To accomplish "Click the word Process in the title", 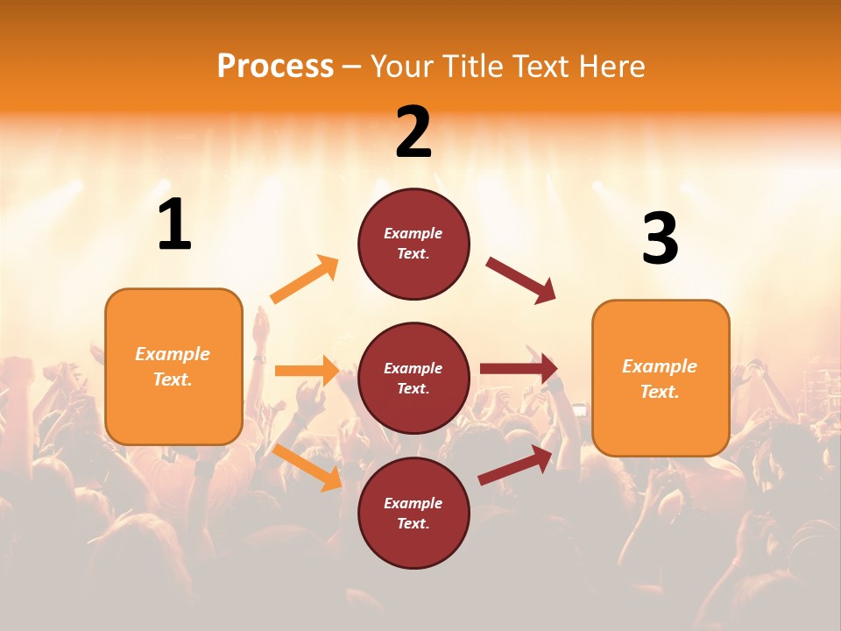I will pyautogui.click(x=275, y=66).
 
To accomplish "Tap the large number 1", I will pyautogui.click(x=174, y=224).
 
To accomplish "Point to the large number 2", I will pyautogui.click(x=413, y=131).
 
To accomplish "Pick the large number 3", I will pyautogui.click(x=660, y=238).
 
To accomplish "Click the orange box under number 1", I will pyautogui.click(x=173, y=366).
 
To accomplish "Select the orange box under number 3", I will pyautogui.click(x=661, y=379).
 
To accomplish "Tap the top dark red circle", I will pyautogui.click(x=413, y=244).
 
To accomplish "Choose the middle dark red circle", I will pyautogui.click(x=413, y=378).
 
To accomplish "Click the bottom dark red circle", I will pyautogui.click(x=413, y=513).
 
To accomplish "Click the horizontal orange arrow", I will pyautogui.click(x=307, y=371).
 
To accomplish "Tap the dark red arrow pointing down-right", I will pyautogui.click(x=521, y=280).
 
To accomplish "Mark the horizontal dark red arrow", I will pyautogui.click(x=519, y=369).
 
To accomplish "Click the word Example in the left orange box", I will pyautogui.click(x=173, y=354).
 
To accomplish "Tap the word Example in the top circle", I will pyautogui.click(x=413, y=233).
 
